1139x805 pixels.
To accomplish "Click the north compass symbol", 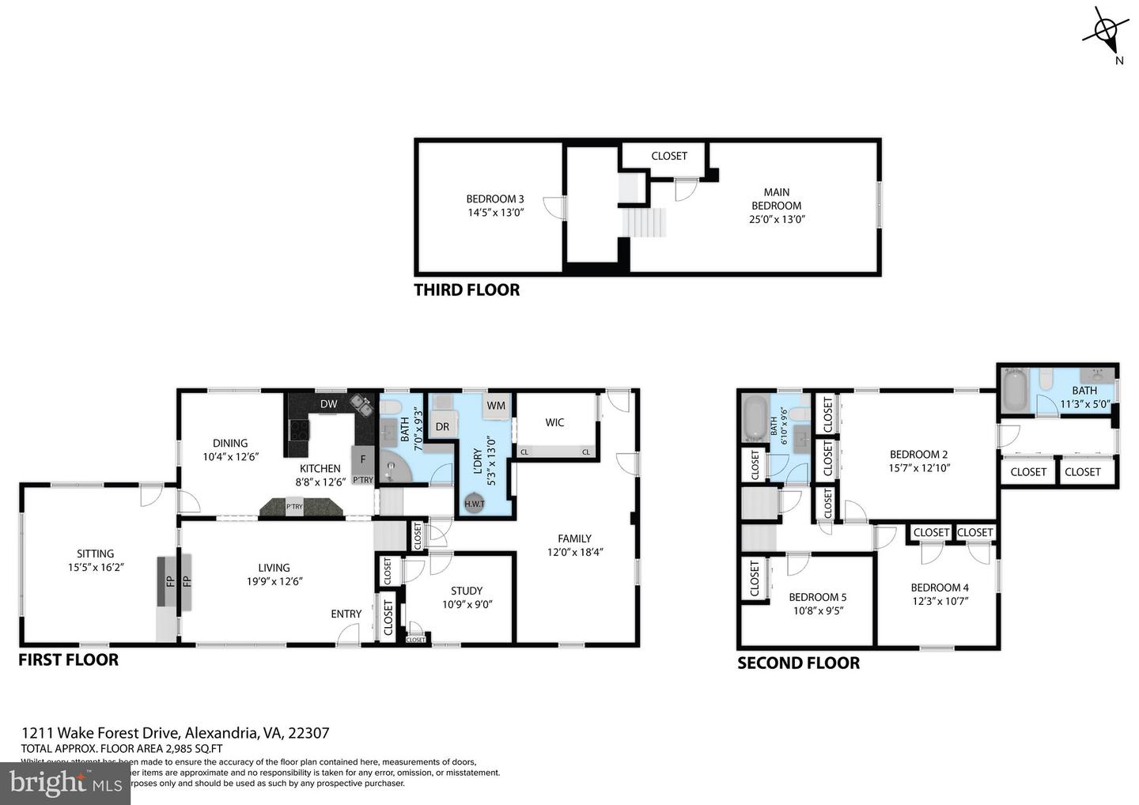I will coord(1106,31).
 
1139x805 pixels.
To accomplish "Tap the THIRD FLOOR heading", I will coord(467,290).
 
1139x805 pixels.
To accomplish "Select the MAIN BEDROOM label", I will coord(776,198).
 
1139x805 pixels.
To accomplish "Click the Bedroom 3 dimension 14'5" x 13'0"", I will coord(495,213).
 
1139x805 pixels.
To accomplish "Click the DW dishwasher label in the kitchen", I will coord(328,404).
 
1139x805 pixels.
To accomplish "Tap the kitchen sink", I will coord(361,406).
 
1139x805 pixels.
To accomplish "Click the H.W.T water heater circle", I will coord(475,504).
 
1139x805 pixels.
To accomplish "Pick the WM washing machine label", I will coord(496,406).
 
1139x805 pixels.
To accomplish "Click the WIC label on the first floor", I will coord(554,422).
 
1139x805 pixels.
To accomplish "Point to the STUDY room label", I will coord(467,591).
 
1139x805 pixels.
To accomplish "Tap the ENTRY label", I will coord(346,614).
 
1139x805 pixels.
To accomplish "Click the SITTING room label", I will coord(96,554).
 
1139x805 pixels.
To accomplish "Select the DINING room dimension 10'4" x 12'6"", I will coord(230,456).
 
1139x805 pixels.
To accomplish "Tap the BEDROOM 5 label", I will coord(817,597).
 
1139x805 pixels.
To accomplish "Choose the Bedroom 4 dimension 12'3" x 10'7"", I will coord(939,600).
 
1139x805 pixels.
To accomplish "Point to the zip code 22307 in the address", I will coord(308,733).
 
